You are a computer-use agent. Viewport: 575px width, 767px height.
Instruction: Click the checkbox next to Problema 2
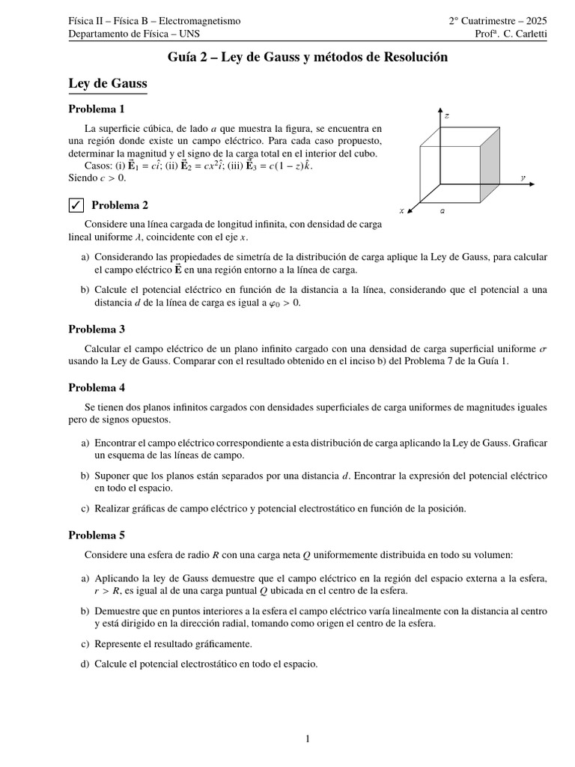tap(75, 205)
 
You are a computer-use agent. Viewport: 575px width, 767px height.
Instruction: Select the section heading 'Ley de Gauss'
tap(107, 83)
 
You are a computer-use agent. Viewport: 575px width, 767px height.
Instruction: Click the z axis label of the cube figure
tap(446, 116)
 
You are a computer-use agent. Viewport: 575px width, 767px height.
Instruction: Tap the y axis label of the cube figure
tap(523, 178)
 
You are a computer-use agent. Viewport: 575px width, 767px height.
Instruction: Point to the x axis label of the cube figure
tap(402, 211)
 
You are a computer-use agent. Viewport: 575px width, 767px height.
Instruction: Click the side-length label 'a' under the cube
tap(443, 211)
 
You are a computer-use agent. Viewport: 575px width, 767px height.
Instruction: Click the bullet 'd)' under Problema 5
tap(85, 663)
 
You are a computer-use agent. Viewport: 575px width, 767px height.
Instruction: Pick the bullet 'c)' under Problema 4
tap(85, 509)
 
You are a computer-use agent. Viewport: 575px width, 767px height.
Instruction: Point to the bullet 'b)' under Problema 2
tap(85, 290)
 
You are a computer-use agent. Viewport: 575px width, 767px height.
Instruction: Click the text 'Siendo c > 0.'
tap(97, 178)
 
